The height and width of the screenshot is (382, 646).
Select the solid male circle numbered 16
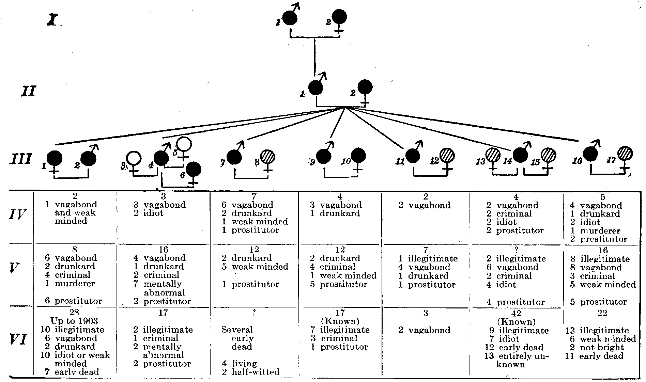590,154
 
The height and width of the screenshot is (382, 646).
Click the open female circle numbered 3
133,158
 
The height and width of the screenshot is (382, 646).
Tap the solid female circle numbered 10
358,156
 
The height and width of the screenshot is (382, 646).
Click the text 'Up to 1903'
74,321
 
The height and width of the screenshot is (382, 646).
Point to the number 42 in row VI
516,313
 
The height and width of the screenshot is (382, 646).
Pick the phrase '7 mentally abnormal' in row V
160,288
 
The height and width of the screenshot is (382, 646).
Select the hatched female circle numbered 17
625,153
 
